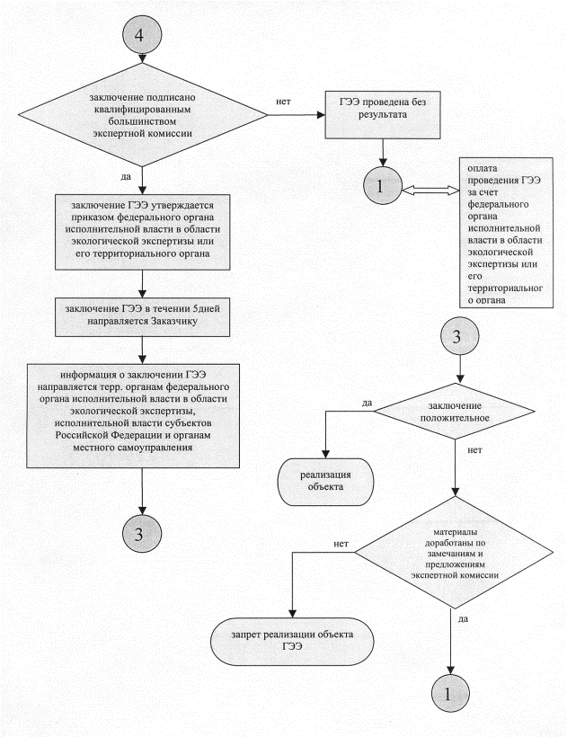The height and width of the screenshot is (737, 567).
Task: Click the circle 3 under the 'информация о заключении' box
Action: pyautogui.click(x=142, y=532)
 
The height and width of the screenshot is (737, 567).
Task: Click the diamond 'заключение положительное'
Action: pyautogui.click(x=456, y=412)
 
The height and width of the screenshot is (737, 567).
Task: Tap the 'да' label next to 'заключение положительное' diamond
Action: pyautogui.click(x=368, y=402)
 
